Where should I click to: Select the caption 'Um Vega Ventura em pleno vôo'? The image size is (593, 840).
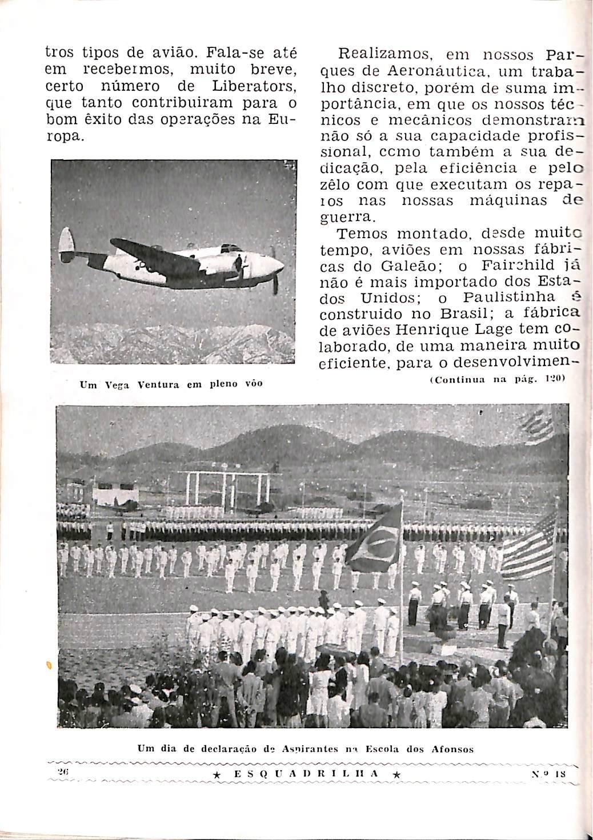171,384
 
